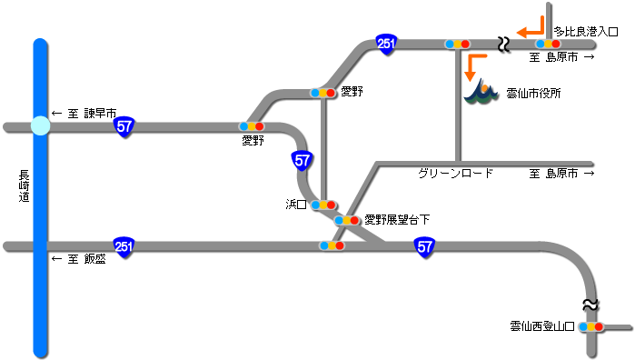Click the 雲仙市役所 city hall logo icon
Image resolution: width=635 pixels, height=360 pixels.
[x=481, y=92]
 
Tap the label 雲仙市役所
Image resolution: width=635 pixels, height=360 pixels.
[x=533, y=93]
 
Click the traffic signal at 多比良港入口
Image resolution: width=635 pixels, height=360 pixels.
[x=547, y=44]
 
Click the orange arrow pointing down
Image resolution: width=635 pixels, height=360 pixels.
[x=471, y=65]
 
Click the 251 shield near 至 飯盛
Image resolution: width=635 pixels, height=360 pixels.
[x=124, y=245]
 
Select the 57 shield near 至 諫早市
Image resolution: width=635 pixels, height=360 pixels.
[x=125, y=127]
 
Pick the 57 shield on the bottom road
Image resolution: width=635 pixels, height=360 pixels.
[x=424, y=246]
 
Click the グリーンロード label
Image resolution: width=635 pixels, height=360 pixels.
[x=456, y=173]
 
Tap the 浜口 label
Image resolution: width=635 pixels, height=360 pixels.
[x=297, y=205]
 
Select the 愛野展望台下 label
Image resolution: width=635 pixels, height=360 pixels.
[x=396, y=220]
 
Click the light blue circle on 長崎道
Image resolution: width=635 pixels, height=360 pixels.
[x=39, y=126]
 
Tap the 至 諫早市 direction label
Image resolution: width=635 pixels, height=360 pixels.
[x=84, y=114]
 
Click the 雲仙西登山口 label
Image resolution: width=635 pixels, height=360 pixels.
[x=541, y=325]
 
